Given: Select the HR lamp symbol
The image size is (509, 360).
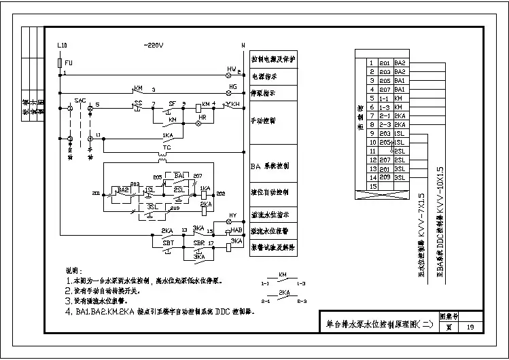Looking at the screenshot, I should point(200,125).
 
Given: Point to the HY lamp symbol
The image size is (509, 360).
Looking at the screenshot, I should point(229,222).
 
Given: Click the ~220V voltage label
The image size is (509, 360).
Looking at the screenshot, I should point(154,46).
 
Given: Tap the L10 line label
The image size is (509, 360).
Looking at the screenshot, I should point(62,46).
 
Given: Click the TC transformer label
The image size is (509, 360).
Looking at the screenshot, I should point(166,147).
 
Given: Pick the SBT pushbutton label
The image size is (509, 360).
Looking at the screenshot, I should point(168,242).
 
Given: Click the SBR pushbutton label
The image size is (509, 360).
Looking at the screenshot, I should point(199,242).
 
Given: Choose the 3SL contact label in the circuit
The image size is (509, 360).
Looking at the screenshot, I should point(154,205).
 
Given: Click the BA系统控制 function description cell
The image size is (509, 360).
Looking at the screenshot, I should point(273,165).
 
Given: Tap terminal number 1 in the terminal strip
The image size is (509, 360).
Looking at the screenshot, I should point(371,62).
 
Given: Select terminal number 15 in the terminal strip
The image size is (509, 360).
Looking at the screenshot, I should point(371,185).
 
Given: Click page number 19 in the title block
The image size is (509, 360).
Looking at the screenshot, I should point(471,327).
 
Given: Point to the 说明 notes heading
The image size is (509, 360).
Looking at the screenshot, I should point(73,269).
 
